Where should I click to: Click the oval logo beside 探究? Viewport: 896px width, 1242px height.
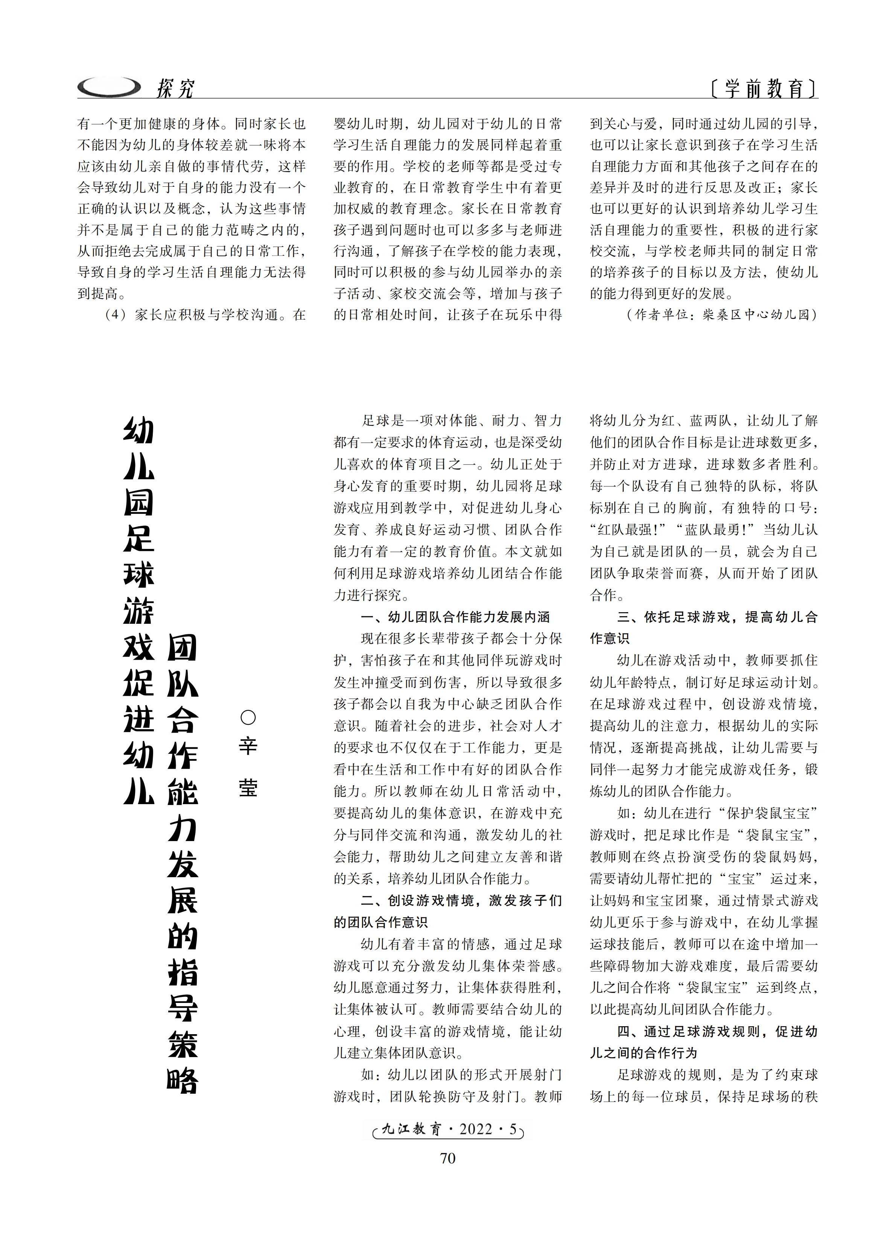pos(109,87)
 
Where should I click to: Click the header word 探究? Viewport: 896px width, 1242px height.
pos(175,88)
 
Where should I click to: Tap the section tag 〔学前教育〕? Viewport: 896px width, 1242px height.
pos(763,88)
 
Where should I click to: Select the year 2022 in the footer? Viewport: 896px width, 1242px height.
pos(476,1129)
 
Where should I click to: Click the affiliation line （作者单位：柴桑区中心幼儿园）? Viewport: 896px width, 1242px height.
pos(721,314)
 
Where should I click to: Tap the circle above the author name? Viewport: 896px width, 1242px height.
pos(248,718)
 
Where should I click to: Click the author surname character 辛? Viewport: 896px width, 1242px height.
pos(248,746)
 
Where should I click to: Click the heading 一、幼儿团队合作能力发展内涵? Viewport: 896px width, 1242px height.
pos(455,617)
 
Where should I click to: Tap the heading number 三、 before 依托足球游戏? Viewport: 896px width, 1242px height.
pos(630,617)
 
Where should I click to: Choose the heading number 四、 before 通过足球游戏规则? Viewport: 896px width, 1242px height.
pos(630,1032)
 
